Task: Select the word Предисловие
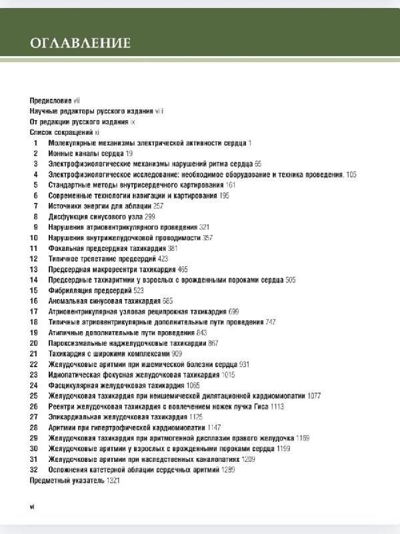[51, 99]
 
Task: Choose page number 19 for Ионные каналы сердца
[129, 153]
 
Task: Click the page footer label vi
[32, 507]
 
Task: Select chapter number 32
[34, 470]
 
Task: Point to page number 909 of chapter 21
[177, 353]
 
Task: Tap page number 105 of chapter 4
[351, 174]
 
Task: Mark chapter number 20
[34, 342]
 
